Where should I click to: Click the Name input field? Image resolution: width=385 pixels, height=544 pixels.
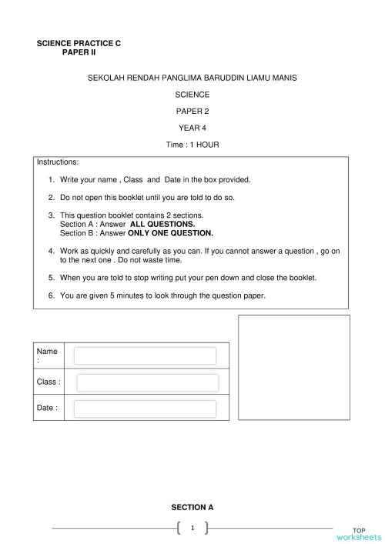pos(145,356)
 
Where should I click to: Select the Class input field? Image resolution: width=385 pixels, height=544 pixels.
pos(147,382)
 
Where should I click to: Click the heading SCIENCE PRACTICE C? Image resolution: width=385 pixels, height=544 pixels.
pos(79,44)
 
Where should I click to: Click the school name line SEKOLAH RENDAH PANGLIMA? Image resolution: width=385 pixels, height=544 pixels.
pos(192,78)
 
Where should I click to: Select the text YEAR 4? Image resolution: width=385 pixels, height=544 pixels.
pos(192,128)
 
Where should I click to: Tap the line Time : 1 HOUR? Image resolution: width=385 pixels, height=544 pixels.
pos(192,145)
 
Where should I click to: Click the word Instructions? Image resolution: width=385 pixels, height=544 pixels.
pos(58,162)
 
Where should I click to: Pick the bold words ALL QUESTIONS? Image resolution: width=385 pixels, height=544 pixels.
pos(162,223)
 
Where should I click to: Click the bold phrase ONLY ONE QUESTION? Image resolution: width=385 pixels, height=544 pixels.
pos(170,232)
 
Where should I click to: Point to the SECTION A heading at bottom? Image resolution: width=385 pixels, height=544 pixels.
pos(192,507)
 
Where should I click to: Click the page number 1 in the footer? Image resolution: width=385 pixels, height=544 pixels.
pos(192,528)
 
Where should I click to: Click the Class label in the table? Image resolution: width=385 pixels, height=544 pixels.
pos(49,382)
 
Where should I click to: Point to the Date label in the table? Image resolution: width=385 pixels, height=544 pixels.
pos(47,408)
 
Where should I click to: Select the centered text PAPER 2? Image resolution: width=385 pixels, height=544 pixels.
pos(192,111)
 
